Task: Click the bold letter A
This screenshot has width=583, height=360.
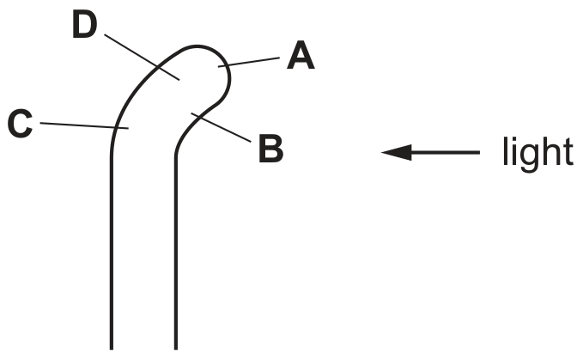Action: tap(301, 56)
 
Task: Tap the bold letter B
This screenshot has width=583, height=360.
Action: tap(271, 149)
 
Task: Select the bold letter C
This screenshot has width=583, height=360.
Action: tap(20, 124)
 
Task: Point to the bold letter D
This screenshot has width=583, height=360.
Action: tap(84, 25)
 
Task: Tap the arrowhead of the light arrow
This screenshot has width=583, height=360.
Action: tap(397, 152)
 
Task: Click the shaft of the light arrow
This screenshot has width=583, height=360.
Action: tap(446, 152)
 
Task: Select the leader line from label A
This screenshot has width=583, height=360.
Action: tap(249, 62)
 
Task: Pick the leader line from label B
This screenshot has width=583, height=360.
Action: tap(221, 127)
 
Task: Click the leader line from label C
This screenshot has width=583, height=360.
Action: tap(84, 125)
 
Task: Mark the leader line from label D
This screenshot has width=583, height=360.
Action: tap(142, 57)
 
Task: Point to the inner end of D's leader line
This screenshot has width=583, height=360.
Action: tap(179, 80)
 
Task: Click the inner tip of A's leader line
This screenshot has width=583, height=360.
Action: tap(219, 66)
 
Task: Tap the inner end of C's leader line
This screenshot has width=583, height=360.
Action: tap(128, 128)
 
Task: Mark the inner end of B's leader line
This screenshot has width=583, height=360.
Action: tap(191, 113)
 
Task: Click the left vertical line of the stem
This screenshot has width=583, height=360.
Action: tap(111, 253)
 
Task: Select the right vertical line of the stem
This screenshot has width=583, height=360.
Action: tap(176, 253)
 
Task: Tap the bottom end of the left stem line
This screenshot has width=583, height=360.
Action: tap(111, 349)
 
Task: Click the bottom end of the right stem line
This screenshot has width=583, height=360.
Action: tap(176, 349)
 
